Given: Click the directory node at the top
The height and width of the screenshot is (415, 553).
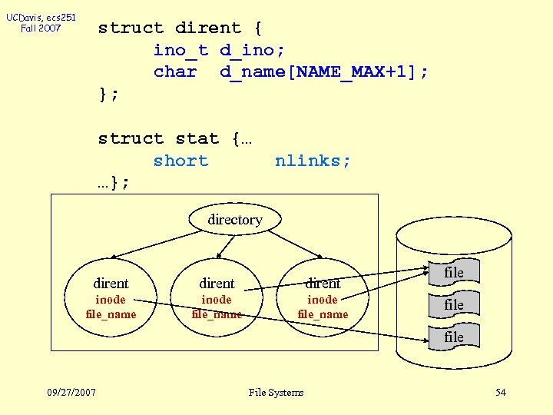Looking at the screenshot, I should tap(234, 220).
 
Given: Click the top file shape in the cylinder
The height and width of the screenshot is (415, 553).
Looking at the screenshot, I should tap(454, 273).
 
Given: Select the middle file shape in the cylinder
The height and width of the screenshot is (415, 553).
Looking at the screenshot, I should tap(454, 304).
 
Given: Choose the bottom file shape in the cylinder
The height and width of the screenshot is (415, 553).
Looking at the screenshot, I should tap(454, 337).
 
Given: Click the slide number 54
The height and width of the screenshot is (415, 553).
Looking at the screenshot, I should tap(501, 393).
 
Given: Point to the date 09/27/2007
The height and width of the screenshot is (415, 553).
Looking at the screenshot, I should tap(71, 393).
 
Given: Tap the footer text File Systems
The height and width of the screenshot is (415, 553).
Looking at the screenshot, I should tap(276, 393).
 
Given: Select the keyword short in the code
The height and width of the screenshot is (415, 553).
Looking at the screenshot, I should tap(180, 161).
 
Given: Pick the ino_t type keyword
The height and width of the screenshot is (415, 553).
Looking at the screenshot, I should tap(180, 50).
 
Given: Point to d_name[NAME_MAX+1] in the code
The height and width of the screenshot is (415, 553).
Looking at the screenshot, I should tap(323, 72).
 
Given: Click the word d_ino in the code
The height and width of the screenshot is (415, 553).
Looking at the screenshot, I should tap(252, 50).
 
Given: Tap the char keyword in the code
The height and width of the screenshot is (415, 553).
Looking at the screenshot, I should tap(175, 72).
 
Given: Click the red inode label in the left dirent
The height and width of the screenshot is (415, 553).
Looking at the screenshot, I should tap(111, 300).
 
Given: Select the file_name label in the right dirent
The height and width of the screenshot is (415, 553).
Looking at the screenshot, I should tap(323, 314).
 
